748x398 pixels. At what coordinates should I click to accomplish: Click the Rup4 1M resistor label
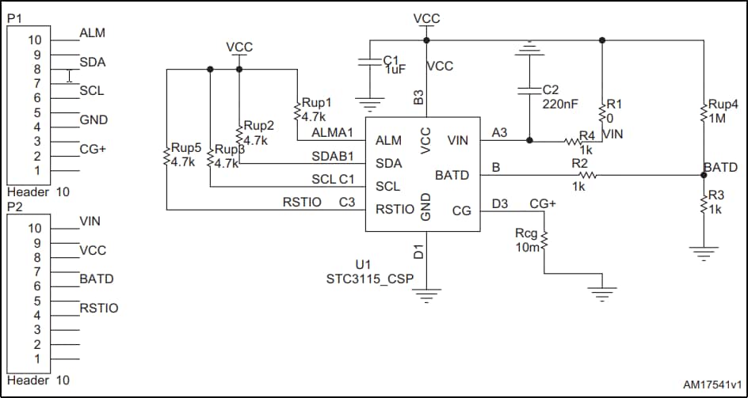723,111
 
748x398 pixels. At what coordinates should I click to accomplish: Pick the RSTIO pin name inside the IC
395,210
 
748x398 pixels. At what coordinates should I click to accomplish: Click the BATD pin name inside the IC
452,175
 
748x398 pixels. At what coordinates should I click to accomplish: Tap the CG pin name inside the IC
461,210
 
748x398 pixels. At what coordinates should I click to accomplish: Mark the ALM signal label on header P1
93,33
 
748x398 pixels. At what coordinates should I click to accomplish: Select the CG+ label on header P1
93,149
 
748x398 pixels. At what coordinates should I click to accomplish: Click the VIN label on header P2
90,221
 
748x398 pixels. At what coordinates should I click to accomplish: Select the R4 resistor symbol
574,142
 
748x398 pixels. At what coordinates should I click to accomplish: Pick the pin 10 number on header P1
34,40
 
